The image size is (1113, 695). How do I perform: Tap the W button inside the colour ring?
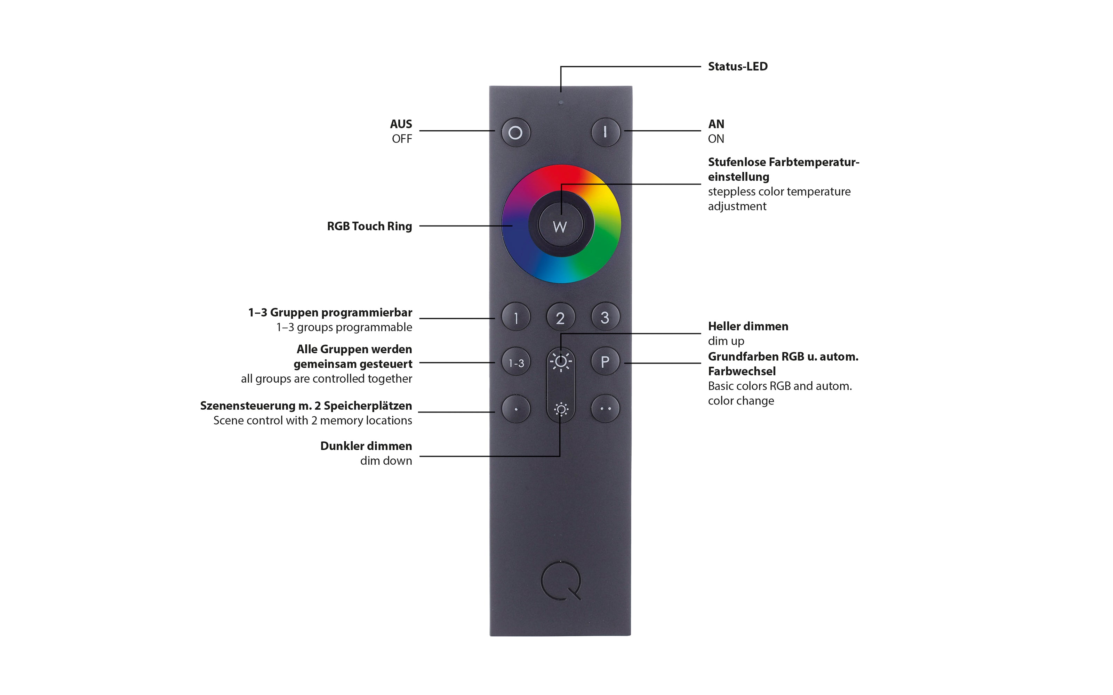point(560,225)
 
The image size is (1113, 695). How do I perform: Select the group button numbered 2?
point(560,317)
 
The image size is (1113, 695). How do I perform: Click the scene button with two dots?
point(605,408)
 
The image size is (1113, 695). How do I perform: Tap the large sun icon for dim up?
point(561,362)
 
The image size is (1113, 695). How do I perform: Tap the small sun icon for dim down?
point(561,409)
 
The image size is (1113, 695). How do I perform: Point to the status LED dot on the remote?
point(560,103)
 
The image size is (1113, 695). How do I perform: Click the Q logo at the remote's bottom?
point(561,581)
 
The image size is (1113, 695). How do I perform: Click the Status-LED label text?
point(738,67)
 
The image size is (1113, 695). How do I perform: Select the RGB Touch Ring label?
point(369,226)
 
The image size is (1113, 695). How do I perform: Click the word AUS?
point(401,124)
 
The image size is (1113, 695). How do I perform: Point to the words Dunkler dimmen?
point(366,446)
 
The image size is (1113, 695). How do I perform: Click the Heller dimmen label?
point(748,326)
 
